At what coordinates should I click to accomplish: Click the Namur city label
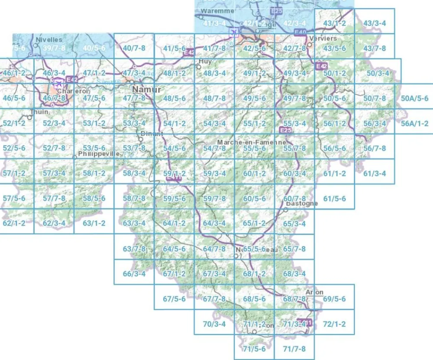coord(146,90)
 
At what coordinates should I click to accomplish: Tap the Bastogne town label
coord(302,203)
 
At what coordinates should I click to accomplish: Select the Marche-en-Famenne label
coord(252,142)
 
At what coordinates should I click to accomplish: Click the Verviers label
coord(323,39)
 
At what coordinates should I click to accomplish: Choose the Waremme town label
coord(218,10)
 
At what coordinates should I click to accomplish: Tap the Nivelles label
coord(49,40)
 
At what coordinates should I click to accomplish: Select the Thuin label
coord(39,111)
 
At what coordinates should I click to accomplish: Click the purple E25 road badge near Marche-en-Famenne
coord(285,130)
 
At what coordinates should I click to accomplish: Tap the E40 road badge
coord(300,32)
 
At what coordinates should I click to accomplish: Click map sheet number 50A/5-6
coord(414,98)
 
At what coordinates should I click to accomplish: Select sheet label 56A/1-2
coord(414,123)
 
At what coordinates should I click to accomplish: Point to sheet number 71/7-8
coord(294,349)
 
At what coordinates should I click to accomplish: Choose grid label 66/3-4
coord(134,274)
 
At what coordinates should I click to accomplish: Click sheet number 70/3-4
coord(214,324)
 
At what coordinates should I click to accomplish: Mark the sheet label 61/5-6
coord(335,199)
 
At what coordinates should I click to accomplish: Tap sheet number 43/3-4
coord(375,23)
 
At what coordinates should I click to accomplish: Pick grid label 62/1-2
coord(14,224)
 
